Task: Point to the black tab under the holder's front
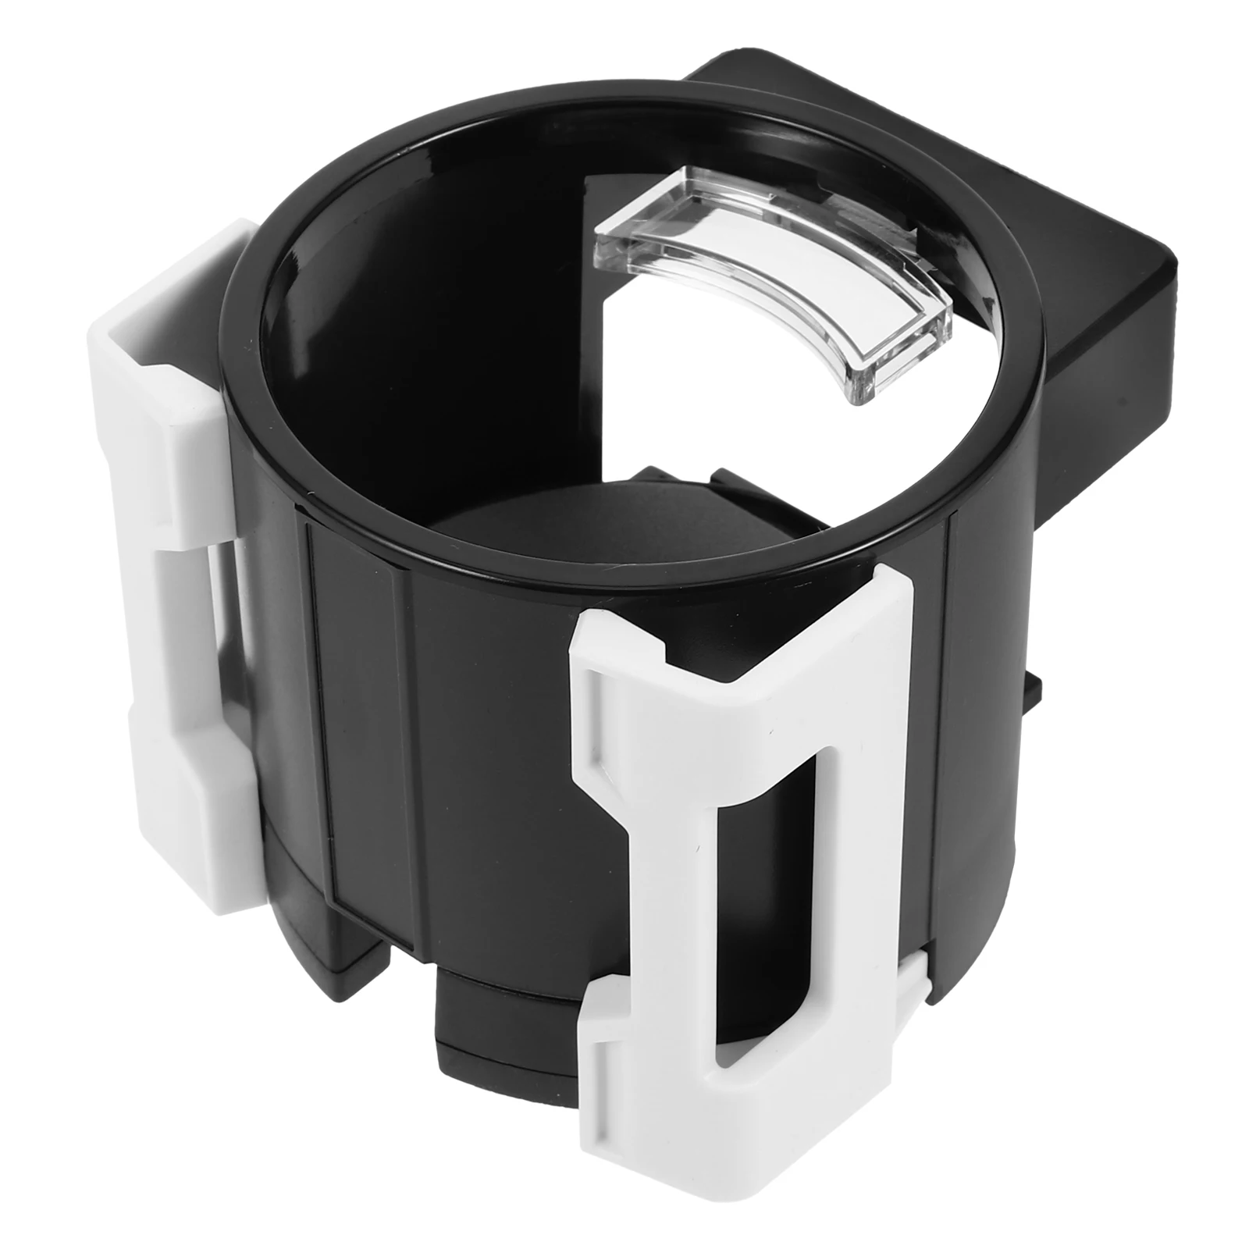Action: coord(500,1015)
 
